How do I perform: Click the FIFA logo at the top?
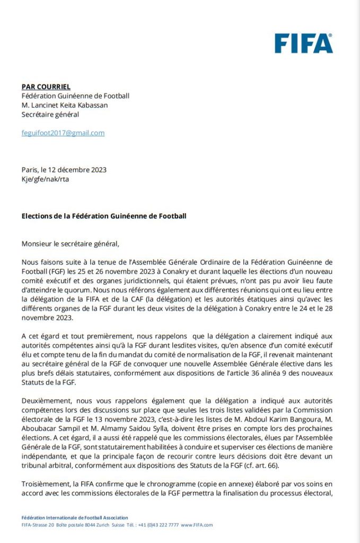pyautogui.click(x=303, y=43)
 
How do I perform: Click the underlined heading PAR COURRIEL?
pyautogui.click(x=46, y=86)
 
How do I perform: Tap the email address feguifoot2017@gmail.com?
pyautogui.click(x=63, y=133)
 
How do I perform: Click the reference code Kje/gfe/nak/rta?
pyautogui.click(x=45, y=179)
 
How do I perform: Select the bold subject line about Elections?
pyautogui.click(x=104, y=216)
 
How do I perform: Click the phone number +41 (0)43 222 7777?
pyautogui.click(x=158, y=525)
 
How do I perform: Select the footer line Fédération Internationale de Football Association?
pyautogui.click(x=75, y=518)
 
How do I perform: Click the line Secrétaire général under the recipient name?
pyautogui.click(x=50, y=114)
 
